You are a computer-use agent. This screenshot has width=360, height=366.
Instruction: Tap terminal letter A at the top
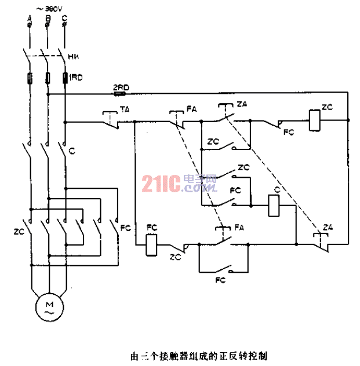29,19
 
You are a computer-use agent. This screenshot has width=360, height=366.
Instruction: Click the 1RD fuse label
75,77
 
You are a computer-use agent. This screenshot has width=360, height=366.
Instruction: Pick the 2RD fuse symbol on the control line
121,93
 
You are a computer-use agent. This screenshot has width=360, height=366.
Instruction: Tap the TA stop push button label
125,109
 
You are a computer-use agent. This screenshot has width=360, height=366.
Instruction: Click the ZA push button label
242,104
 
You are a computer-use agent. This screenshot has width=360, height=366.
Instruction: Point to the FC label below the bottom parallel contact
220,280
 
